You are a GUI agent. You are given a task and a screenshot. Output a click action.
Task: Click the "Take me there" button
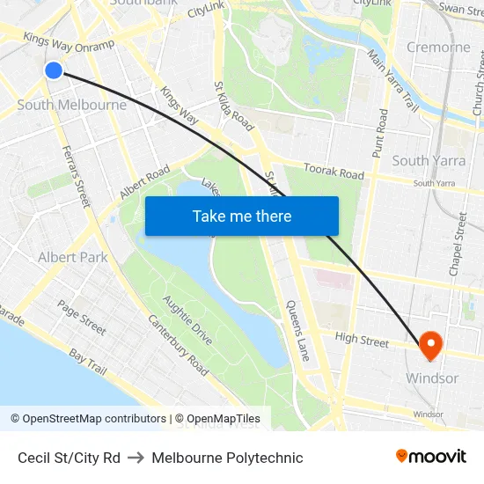point(242,216)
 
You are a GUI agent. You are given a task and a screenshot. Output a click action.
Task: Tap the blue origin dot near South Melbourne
point(54,70)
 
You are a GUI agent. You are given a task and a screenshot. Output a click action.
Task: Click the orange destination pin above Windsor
point(430,345)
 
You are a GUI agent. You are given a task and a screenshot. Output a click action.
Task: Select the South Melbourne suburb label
point(72,105)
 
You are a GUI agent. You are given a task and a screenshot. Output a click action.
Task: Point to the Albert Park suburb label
point(72,257)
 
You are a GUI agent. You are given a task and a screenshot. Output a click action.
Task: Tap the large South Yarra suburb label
point(429,160)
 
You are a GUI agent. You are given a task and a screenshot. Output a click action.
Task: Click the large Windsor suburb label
point(431,378)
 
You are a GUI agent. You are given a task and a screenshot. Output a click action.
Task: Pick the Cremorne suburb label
point(437,47)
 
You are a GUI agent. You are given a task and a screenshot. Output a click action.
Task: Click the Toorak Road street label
point(334,170)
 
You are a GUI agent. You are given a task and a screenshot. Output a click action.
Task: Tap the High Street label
point(362,340)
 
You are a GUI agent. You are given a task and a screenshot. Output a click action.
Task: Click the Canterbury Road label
point(179,347)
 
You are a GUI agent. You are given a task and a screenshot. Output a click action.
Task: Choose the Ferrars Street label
point(77,177)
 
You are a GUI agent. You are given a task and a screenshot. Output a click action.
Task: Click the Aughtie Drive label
point(187,320)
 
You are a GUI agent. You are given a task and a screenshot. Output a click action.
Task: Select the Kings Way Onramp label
point(70,42)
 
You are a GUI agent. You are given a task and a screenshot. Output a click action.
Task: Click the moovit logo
point(431,457)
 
